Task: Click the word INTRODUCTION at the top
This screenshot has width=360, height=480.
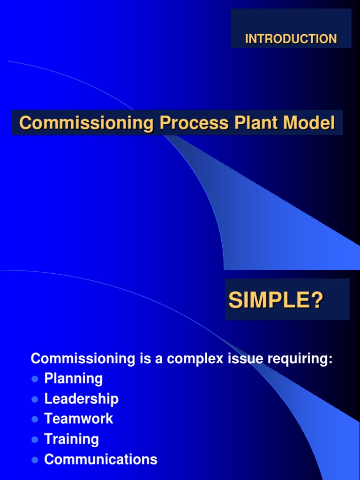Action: coord(291,39)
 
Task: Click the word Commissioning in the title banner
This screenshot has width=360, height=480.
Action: coord(87,123)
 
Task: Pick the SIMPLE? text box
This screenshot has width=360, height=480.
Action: coord(287,300)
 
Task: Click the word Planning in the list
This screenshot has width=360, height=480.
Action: coord(73,378)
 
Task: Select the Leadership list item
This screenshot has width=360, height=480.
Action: coord(81,399)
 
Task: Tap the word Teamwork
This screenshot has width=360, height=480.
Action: coord(78,419)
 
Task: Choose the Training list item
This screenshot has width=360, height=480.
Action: coord(71,439)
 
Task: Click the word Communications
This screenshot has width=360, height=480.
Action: coord(100,459)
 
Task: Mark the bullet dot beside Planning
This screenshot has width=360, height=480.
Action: coord(34,379)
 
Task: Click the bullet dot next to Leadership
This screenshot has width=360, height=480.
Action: coord(34,399)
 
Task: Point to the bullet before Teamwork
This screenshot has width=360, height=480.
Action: coord(34,420)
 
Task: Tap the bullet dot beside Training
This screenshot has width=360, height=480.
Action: coord(34,440)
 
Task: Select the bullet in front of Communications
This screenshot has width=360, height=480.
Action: coord(34,460)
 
